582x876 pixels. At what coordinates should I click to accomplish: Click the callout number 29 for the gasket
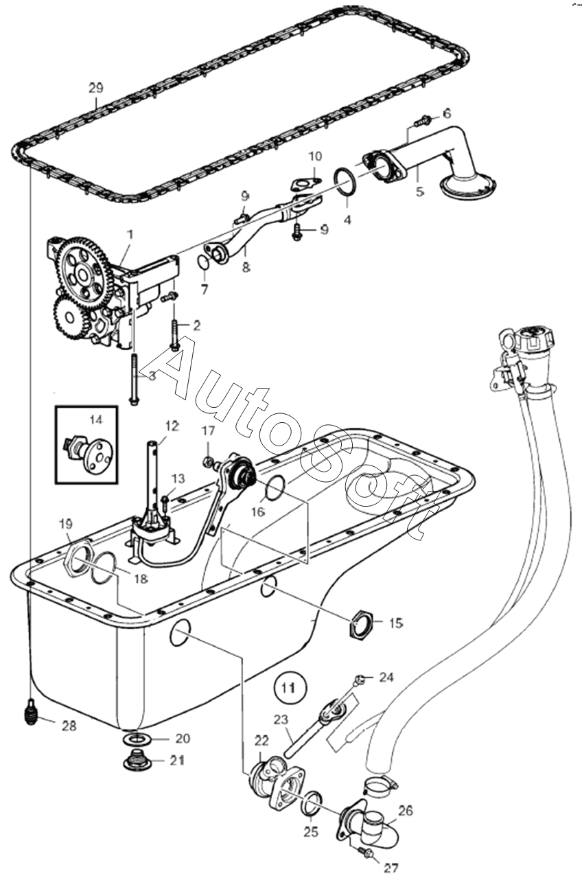(x=96, y=88)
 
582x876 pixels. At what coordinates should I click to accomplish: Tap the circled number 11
(x=290, y=688)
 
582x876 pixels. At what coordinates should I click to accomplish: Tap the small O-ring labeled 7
(x=203, y=262)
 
